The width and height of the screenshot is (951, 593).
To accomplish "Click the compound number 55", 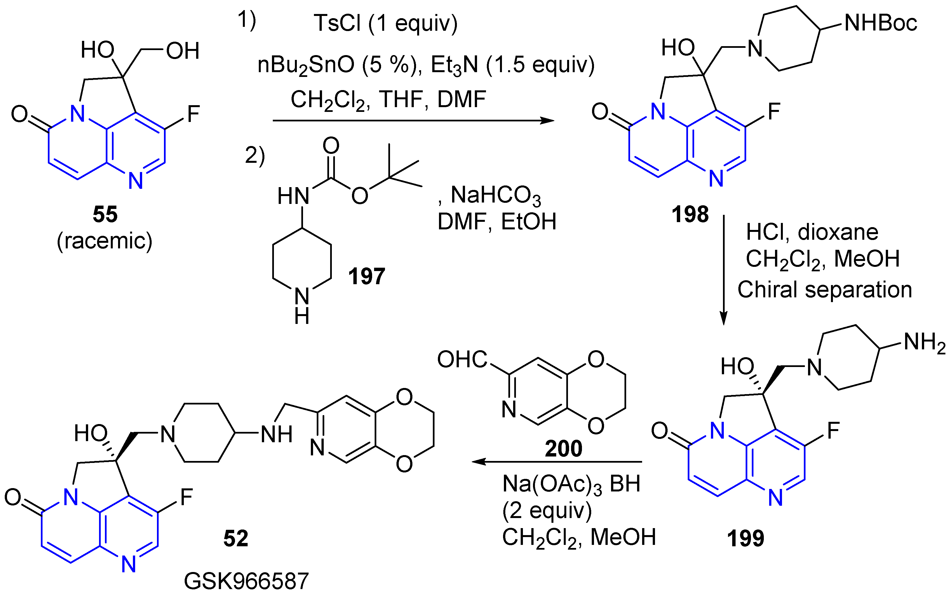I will point(105,214).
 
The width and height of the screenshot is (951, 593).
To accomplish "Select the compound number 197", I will point(367,276).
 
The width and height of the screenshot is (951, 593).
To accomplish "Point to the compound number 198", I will point(690,214).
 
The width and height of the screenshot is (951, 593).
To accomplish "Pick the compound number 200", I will point(563,448).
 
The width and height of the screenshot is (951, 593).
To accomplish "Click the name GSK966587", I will point(246,581).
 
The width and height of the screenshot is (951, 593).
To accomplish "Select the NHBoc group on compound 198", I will point(880,23).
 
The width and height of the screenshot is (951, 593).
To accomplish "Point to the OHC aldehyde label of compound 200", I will point(462,359).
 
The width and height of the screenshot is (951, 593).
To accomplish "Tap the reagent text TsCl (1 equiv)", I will point(386,23).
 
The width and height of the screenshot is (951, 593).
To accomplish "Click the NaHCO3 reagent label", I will point(496,195).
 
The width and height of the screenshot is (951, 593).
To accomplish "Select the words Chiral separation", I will point(825,290).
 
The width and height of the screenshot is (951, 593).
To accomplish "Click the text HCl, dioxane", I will point(812,232).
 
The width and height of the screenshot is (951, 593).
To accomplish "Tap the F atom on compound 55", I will point(193,114).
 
